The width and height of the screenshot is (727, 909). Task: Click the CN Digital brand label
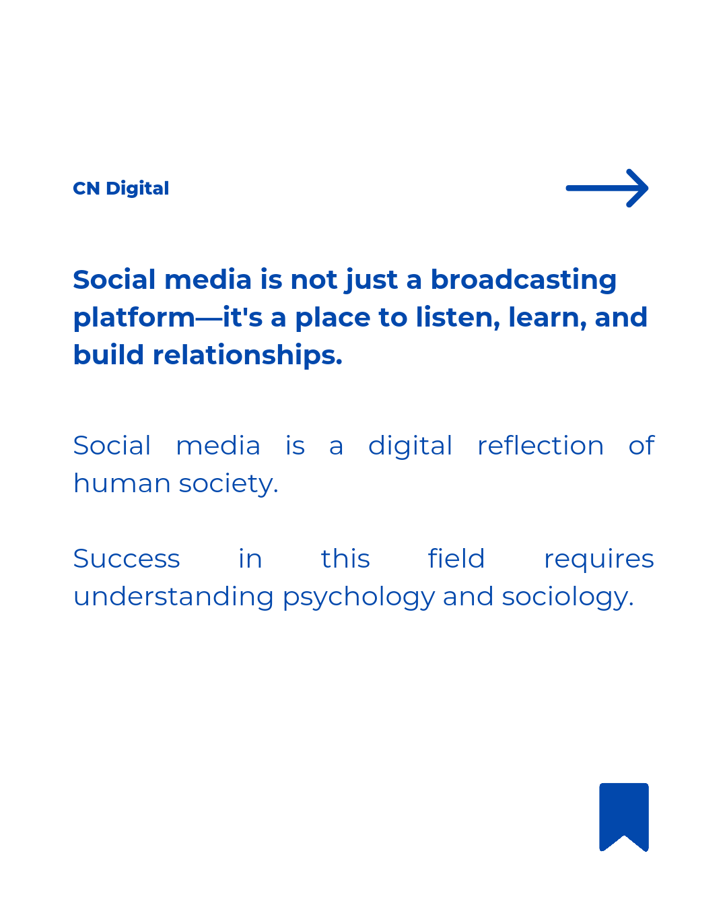click(120, 189)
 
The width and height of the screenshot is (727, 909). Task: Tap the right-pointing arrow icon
click(607, 188)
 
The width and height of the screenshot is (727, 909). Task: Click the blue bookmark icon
click(623, 817)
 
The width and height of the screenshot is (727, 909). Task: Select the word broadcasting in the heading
click(524, 280)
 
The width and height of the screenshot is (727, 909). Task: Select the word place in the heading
click(333, 318)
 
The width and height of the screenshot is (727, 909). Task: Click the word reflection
click(541, 445)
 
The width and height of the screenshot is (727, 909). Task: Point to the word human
click(122, 483)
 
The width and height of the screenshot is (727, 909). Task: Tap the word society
click(229, 485)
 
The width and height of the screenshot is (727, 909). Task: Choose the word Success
click(127, 559)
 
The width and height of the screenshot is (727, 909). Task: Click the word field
click(456, 558)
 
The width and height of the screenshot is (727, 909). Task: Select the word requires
click(599, 560)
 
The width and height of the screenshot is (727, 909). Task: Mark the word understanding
click(174, 597)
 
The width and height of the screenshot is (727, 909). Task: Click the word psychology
click(359, 597)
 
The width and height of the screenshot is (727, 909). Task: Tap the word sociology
click(567, 597)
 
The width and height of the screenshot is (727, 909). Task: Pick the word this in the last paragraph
click(345, 558)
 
